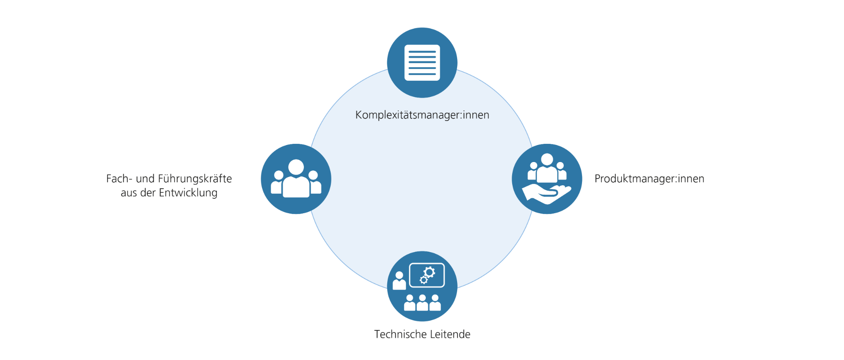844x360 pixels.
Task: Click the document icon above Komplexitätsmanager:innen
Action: pos(422,63)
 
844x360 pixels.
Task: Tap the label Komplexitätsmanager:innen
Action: pos(422,115)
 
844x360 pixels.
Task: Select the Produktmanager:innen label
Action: pos(649,179)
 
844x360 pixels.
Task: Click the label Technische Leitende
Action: pos(422,334)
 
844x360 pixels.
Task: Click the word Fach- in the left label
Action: pos(119,179)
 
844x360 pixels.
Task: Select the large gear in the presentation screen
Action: pos(429,272)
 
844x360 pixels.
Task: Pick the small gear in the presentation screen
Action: pos(423,280)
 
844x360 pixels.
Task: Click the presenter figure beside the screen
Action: pos(399,281)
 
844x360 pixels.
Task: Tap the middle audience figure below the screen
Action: pos(422,303)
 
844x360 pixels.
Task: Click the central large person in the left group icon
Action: pos(296,180)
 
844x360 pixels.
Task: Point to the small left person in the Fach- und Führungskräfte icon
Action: pos(278,183)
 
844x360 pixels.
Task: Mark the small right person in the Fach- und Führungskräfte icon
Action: pos(314,183)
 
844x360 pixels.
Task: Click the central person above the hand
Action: pos(547,168)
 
